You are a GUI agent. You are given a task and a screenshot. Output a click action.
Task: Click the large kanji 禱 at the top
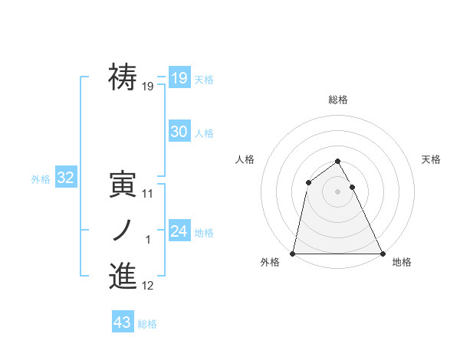(x=123, y=77)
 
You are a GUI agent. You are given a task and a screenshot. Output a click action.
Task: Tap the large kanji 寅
(x=123, y=185)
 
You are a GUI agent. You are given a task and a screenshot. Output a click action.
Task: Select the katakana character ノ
(x=123, y=231)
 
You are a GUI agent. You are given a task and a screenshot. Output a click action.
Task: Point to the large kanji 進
(x=123, y=277)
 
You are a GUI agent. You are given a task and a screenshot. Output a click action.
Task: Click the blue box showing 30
(x=179, y=132)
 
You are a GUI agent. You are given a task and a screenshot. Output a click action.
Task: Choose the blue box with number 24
(x=179, y=231)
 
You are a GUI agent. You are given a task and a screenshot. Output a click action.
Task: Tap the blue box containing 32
(x=65, y=178)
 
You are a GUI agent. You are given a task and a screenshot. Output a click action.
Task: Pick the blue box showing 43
(x=122, y=322)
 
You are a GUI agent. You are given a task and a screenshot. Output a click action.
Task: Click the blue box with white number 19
(x=179, y=78)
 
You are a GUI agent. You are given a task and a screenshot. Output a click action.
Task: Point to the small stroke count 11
(x=148, y=194)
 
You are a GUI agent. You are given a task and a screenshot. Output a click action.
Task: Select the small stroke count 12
(x=148, y=286)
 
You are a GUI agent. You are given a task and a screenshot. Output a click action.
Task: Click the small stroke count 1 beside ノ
(x=148, y=240)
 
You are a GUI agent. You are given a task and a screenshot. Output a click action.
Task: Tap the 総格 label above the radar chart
(x=338, y=100)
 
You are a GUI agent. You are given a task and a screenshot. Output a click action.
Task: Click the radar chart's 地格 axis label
(x=402, y=263)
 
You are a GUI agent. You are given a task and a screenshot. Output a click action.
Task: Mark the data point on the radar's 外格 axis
(x=293, y=253)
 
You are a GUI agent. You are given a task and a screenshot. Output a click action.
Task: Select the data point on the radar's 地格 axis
(x=382, y=253)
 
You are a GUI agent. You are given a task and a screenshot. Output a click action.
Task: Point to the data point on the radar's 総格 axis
(x=337, y=162)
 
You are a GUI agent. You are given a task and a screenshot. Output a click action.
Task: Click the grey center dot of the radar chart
(x=337, y=191)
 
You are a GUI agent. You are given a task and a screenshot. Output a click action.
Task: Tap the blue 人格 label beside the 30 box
(x=204, y=133)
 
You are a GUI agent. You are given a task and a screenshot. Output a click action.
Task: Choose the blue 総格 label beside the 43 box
(x=147, y=324)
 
